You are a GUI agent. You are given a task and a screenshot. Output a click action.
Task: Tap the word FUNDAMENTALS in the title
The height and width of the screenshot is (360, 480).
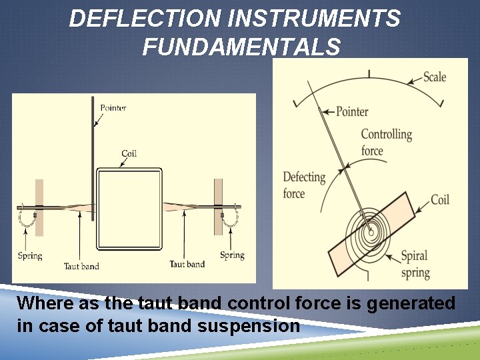tap(241, 47)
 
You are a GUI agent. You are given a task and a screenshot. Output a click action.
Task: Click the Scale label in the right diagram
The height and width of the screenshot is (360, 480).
tap(435, 77)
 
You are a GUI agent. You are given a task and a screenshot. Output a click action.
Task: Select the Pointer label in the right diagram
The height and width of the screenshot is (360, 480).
tap(352, 111)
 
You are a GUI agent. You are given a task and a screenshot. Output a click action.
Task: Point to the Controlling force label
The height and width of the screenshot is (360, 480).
tap(386, 142)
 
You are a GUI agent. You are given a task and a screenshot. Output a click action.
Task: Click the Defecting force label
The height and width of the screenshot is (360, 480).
tap(303, 185)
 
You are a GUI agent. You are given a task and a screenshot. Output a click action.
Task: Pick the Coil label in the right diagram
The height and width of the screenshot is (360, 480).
tap(440, 199)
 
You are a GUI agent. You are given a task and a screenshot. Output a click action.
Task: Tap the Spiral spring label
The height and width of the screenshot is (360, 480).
tap(415, 264)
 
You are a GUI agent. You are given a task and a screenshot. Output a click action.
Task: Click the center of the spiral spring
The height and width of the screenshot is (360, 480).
tap(369, 233)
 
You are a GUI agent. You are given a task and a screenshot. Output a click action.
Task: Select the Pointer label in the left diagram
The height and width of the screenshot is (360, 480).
tap(113, 107)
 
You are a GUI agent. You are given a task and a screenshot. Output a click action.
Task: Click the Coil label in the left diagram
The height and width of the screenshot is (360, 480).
tap(129, 153)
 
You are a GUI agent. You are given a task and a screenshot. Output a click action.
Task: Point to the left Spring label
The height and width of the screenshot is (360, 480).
tap(30, 255)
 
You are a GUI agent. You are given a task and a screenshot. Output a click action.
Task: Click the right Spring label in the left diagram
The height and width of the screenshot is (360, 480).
tap(232, 255)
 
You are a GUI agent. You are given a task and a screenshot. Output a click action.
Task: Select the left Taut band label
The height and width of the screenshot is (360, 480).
tap(81, 266)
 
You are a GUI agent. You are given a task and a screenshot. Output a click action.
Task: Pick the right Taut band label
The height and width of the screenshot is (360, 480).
tap(187, 265)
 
